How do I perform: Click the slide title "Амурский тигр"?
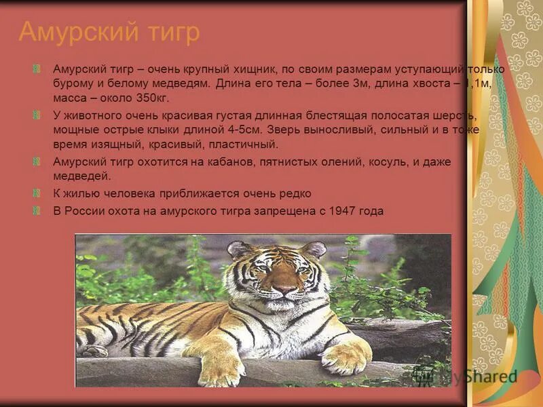point(109,32)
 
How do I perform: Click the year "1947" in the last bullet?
point(341,211)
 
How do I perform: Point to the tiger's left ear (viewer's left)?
point(240,249)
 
